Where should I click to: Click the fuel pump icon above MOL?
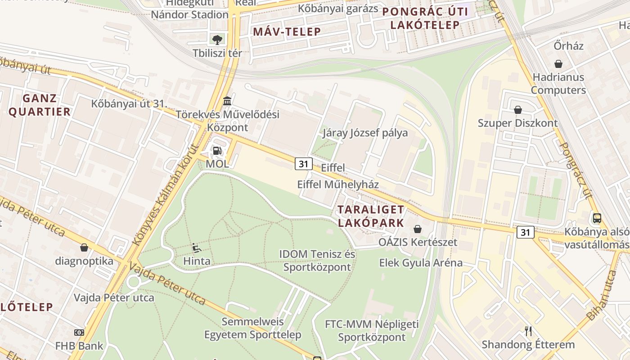tap(217, 151)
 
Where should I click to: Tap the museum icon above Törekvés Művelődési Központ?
tap(227, 100)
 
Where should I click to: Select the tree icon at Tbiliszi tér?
tap(217, 40)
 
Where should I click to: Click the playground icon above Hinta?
tap(197, 247)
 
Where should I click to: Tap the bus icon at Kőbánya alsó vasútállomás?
tap(597, 218)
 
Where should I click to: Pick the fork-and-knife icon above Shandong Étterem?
tap(528, 331)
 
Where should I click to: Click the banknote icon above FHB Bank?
tap(79, 333)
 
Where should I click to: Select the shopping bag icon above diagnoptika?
tap(84, 247)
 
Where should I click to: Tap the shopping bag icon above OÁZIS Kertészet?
tap(418, 229)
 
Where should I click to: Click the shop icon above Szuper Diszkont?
tap(517, 110)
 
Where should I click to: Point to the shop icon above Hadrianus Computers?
tap(558, 64)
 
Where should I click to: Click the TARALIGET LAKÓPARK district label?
tap(371, 216)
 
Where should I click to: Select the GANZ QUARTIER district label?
tap(40, 105)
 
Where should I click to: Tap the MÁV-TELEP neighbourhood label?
tap(287, 31)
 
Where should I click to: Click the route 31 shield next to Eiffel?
tap(304, 164)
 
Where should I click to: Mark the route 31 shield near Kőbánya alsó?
tap(525, 232)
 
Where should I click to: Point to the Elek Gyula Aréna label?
tap(421, 263)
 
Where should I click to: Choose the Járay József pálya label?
tap(365, 133)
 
